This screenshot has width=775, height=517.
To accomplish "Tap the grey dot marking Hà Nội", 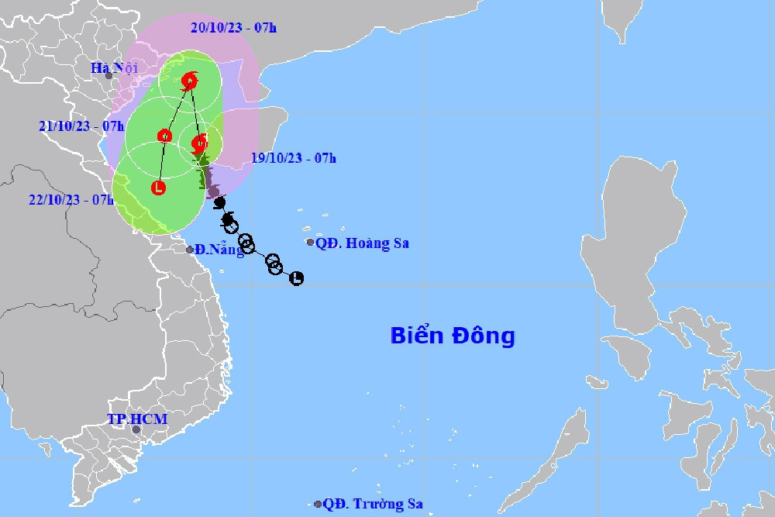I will [109, 75].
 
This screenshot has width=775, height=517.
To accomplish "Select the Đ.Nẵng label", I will [219, 250].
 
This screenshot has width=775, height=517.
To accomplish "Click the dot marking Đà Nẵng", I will [190, 250].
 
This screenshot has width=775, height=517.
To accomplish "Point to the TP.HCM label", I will [137, 419].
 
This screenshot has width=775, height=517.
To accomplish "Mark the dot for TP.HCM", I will [136, 429].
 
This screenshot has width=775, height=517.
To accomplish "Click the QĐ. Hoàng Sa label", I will [362, 243].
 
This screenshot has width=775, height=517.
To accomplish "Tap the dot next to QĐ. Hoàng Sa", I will [311, 243].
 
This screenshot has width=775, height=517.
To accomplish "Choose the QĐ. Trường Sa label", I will [373, 505].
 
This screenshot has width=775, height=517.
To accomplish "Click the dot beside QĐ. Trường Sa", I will [318, 505].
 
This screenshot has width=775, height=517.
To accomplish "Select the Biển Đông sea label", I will [453, 336].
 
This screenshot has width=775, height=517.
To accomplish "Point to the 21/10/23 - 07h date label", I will [81, 126].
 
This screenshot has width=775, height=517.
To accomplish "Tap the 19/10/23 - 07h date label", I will [294, 158].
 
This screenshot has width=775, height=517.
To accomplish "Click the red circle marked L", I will [158, 187].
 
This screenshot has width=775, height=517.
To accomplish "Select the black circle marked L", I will [296, 278].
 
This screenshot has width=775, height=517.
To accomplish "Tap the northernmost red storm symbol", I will [190, 81].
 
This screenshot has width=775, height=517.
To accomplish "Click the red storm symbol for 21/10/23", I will [164, 136].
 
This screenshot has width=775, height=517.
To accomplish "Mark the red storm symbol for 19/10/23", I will [199, 143].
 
